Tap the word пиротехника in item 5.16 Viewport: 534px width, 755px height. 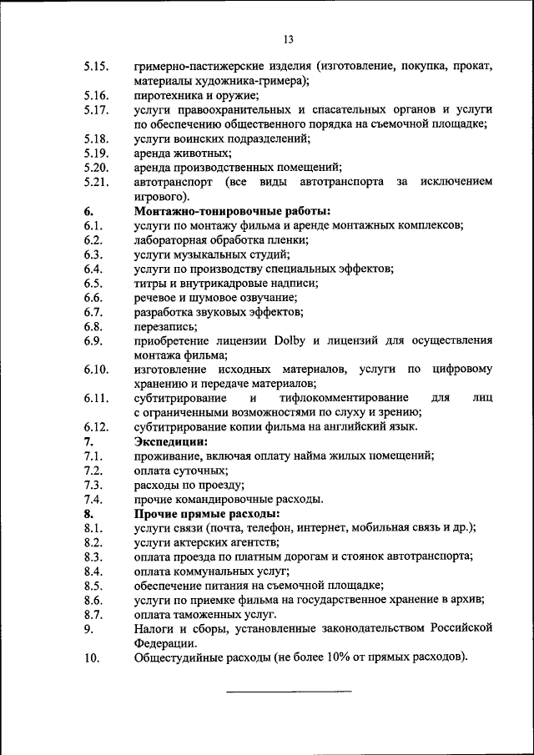[x=168, y=95]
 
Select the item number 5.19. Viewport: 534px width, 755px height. [x=97, y=154]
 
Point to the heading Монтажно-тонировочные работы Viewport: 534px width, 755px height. [x=233, y=211]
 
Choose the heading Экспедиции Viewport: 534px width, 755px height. [x=171, y=441]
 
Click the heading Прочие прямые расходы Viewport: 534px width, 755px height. [x=207, y=514]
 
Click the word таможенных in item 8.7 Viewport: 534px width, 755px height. [x=211, y=614]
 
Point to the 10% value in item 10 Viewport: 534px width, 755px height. [x=350, y=658]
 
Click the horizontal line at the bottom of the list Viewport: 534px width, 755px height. [x=289, y=691]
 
